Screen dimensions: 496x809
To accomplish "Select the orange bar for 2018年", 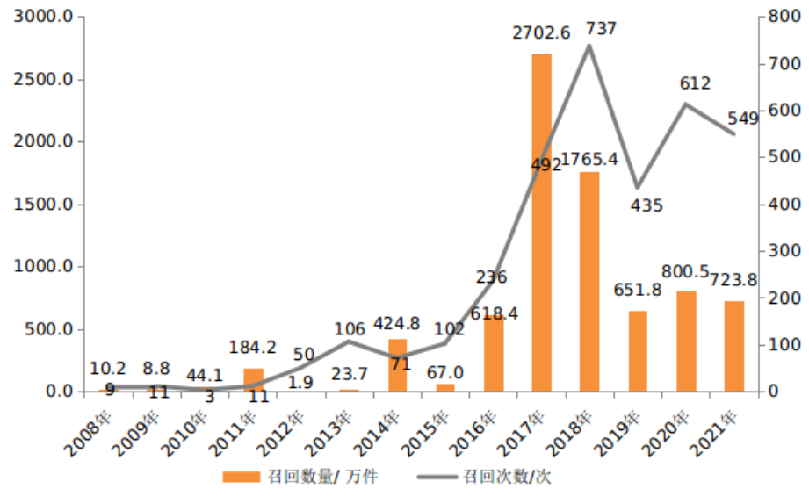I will [x=589, y=281].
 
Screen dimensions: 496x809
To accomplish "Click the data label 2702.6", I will [x=542, y=33].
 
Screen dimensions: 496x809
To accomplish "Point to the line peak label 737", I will [x=601, y=28].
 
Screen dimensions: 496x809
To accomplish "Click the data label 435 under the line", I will [x=646, y=205].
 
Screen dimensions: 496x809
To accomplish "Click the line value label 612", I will [x=695, y=84].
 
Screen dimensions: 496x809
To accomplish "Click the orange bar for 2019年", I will [x=638, y=350].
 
